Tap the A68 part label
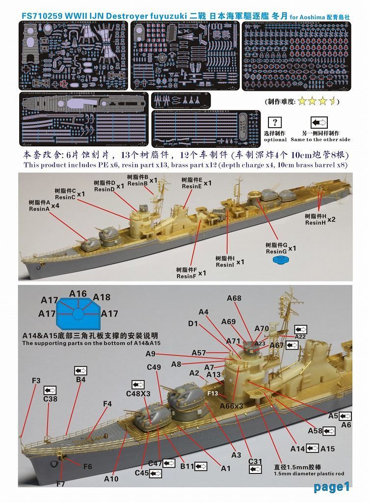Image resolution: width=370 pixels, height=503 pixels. tap(234, 298)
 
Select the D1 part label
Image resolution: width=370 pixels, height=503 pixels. tap(193, 324)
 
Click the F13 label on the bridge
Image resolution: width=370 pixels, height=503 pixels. tap(212, 393)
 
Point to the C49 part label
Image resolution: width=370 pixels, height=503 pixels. tap(154, 367)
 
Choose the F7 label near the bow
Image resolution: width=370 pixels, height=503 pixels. tap(60, 484)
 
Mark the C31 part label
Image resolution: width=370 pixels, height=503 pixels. tap(255, 461)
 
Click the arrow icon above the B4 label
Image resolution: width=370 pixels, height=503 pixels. tap(80, 370)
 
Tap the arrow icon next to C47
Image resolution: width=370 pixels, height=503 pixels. tap(169, 463)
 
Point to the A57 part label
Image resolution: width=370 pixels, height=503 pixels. tap(199, 353)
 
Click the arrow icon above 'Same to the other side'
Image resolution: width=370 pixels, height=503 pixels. tap(319, 122)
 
